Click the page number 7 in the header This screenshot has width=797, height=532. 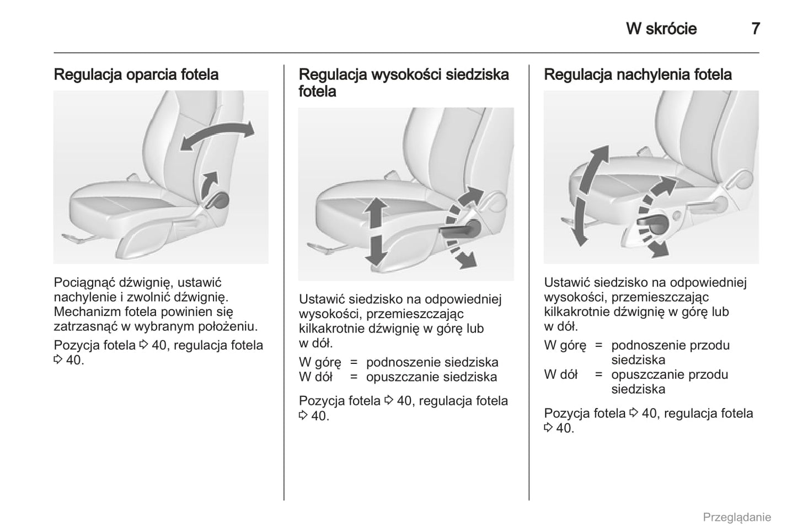point(755,28)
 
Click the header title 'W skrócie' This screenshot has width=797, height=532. point(661,29)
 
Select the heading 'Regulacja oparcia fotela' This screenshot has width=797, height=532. point(136,74)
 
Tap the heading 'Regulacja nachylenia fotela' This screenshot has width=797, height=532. point(638,74)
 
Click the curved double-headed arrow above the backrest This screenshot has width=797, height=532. point(217,135)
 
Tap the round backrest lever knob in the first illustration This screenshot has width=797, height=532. point(220,200)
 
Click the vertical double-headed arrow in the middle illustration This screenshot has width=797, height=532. point(376,231)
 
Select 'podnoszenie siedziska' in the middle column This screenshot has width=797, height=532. point(432,362)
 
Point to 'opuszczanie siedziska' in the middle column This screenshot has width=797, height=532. point(431,377)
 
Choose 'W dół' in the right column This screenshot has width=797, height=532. point(560,375)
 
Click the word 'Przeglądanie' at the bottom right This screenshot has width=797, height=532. point(736,517)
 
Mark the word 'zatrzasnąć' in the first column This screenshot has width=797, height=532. point(85,326)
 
